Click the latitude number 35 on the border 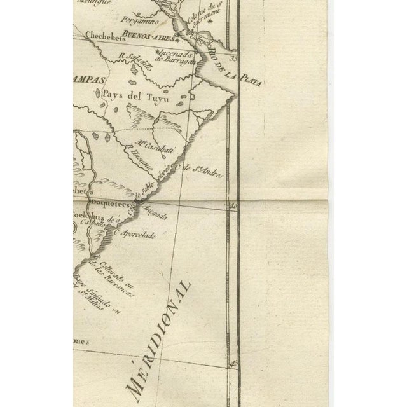pos(233,59)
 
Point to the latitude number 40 pos(233,205)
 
